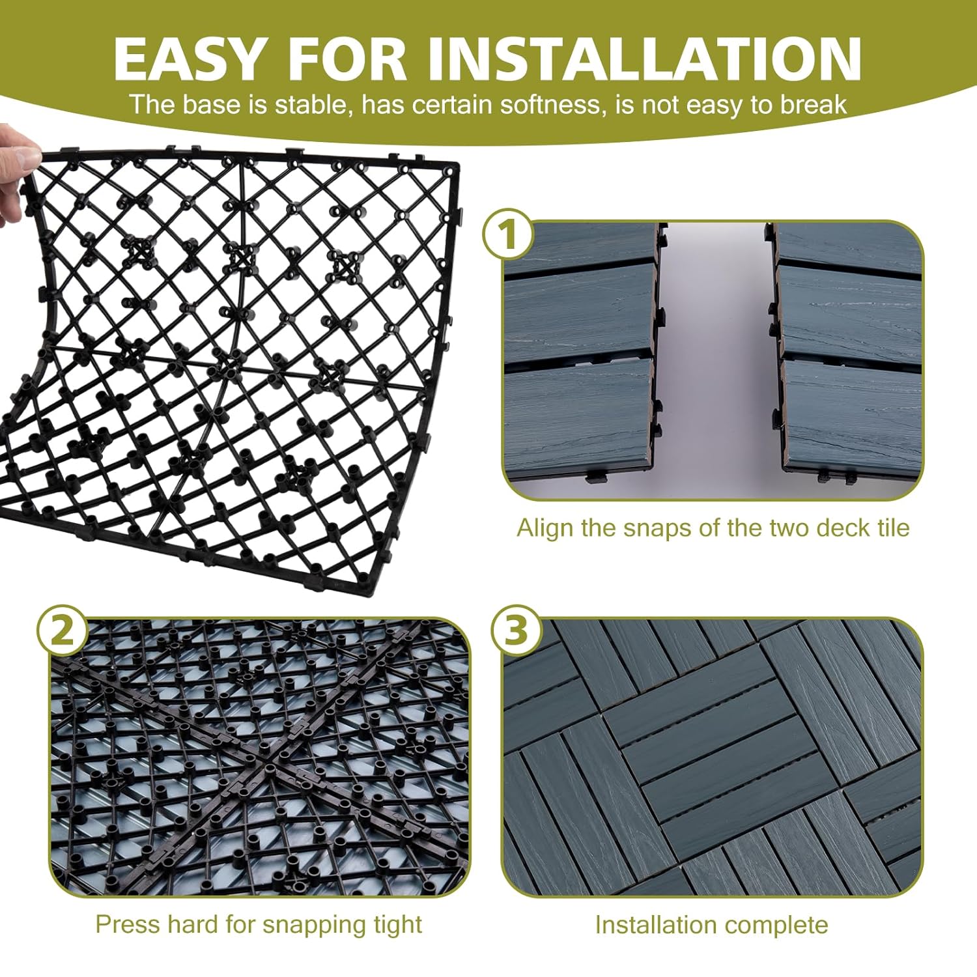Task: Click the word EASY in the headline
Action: pos(187,58)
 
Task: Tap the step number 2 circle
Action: pos(62,630)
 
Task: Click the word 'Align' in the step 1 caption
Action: pos(545,528)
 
